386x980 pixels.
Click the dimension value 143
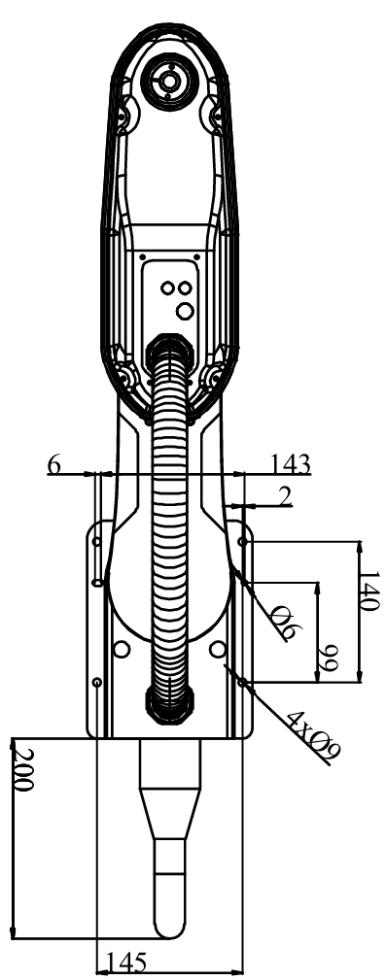[x=291, y=463]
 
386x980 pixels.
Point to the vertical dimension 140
[x=369, y=591]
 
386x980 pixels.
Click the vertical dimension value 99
[x=327, y=659]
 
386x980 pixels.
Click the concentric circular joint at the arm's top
[x=168, y=80]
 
